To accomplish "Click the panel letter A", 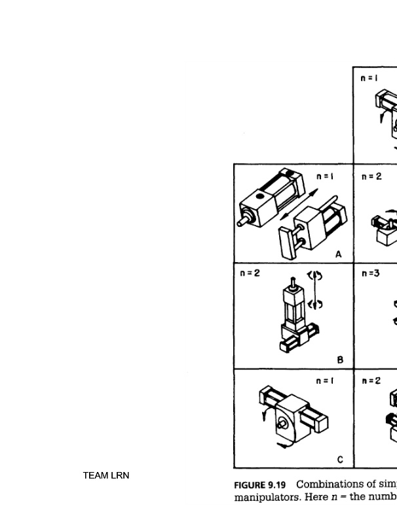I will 338,254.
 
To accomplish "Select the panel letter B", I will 340,360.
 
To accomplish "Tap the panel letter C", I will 340,460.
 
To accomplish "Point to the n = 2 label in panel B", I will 249,273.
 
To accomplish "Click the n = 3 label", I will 370,273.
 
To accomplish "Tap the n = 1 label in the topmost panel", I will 369,78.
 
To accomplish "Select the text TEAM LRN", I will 105,475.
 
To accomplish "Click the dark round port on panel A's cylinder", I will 261,195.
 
